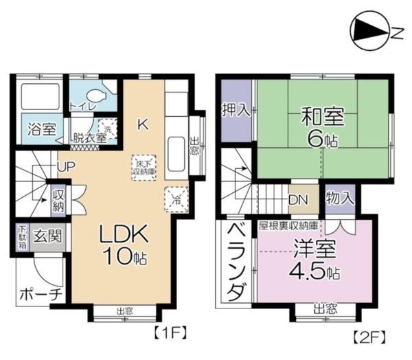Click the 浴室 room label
pos(41,128)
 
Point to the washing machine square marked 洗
pos(107,126)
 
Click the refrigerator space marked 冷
pos(173,199)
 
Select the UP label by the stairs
pos(67,166)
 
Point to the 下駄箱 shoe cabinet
pos(23,237)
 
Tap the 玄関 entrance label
pos(48,237)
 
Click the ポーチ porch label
pos(39,294)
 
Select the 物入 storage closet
pos(340,199)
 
